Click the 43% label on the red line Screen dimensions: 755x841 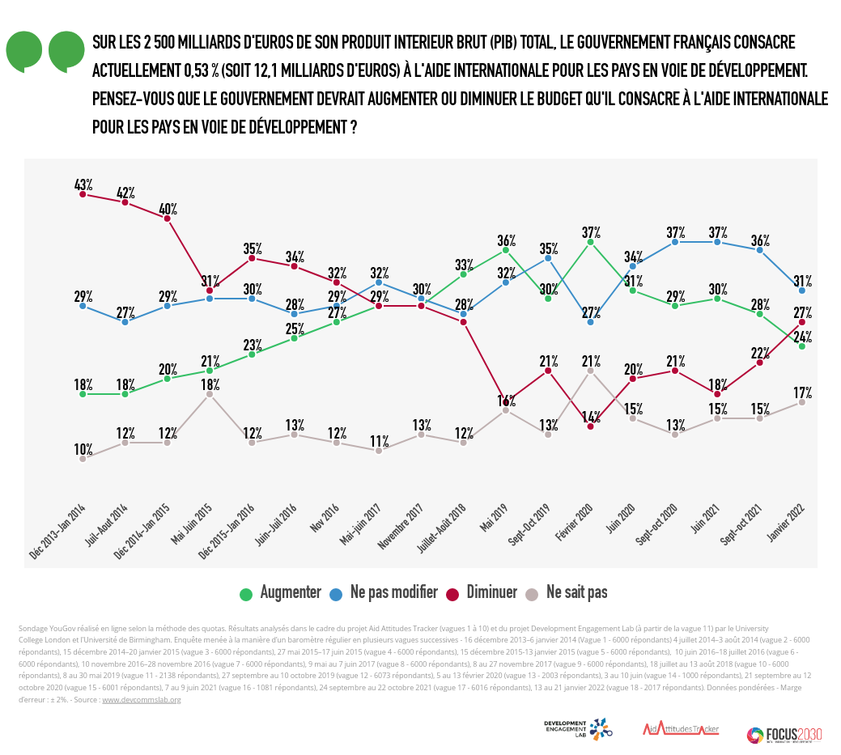(x=83, y=185)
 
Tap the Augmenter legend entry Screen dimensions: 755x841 (x=281, y=593)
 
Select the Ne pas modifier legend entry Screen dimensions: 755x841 (x=383, y=593)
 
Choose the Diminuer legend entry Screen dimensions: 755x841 (x=482, y=593)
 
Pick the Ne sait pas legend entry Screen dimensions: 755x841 (x=567, y=593)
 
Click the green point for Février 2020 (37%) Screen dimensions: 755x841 (x=590, y=241)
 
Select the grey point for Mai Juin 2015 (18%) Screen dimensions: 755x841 (x=210, y=394)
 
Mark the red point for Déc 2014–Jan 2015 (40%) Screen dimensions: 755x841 (x=167, y=218)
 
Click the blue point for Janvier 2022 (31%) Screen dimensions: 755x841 (x=801, y=290)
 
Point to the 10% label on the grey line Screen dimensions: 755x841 (x=83, y=449)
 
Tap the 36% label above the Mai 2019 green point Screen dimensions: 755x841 (x=506, y=240)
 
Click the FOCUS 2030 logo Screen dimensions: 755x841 (x=784, y=735)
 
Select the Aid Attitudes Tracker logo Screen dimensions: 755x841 (x=681, y=729)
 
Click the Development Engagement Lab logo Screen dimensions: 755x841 (x=578, y=728)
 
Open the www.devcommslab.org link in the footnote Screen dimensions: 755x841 (x=142, y=700)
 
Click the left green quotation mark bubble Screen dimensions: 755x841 (x=24, y=52)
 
